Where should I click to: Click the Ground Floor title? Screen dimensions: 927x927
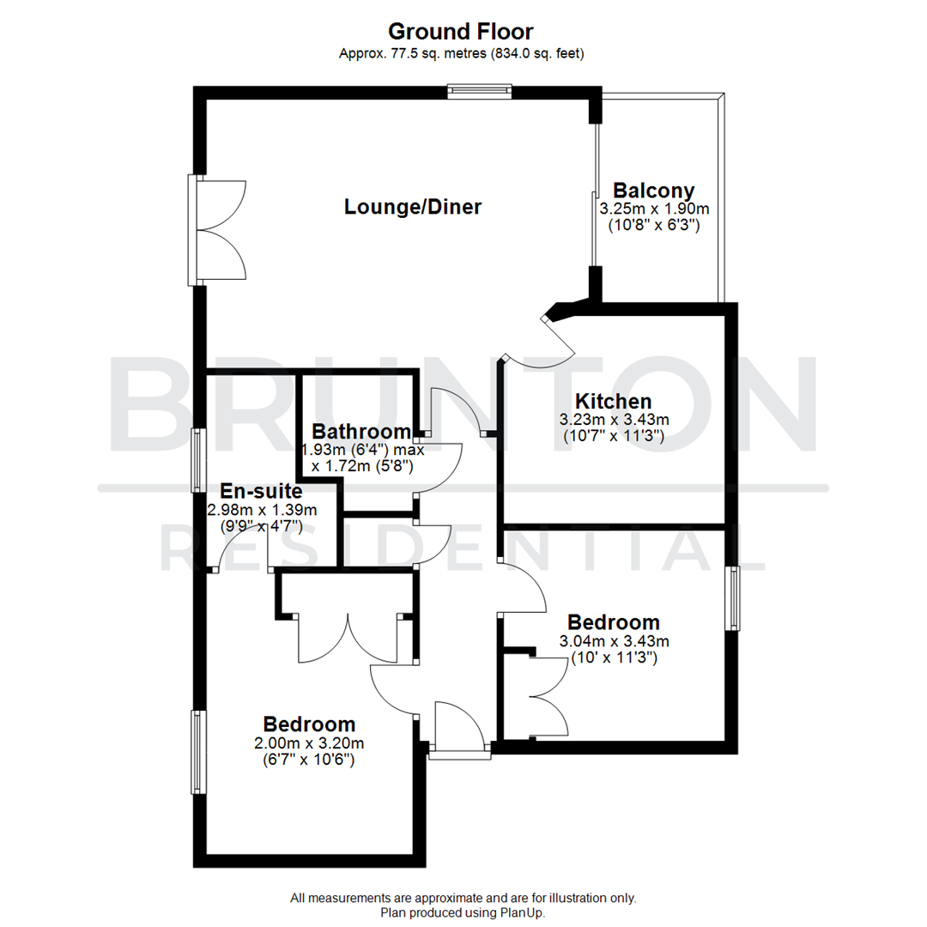[x=461, y=32]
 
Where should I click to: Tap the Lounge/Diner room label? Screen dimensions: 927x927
[x=412, y=207]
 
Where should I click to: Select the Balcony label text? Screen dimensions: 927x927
[x=653, y=191]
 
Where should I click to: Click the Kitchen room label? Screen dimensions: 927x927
[x=613, y=401]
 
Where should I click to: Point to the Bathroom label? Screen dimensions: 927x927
[x=360, y=431]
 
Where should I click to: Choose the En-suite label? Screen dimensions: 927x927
[x=261, y=492]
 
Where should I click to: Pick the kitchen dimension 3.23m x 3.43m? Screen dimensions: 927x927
[x=614, y=420]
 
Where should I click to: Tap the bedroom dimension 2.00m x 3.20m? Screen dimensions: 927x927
[x=310, y=742]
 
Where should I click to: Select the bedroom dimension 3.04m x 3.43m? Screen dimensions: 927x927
[x=614, y=640]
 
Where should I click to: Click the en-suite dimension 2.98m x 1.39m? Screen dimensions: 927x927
[x=262, y=510]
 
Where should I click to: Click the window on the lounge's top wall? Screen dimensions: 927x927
[x=479, y=92]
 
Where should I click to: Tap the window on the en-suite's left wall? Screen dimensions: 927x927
[x=197, y=460]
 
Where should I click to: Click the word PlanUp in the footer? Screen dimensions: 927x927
[x=523, y=913]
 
